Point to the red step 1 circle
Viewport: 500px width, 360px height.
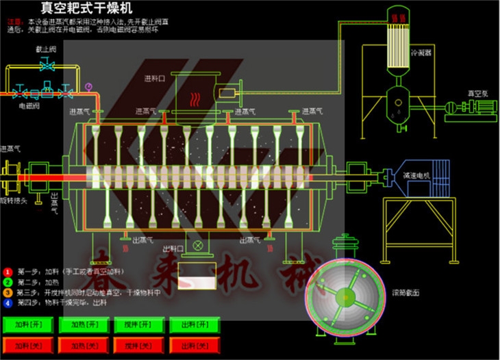[x=8, y=272]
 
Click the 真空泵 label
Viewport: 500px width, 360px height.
[x=476, y=92]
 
